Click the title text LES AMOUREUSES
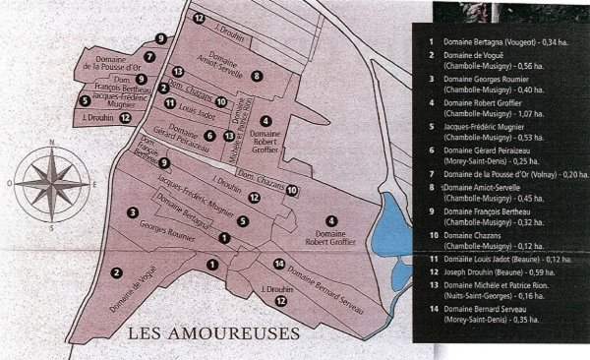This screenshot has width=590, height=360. (x=213, y=334)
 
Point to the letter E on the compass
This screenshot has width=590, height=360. (x=93, y=184)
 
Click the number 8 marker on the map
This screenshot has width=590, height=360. (x=257, y=76)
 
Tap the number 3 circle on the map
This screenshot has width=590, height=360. (x=132, y=211)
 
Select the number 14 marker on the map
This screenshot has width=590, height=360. (x=279, y=264)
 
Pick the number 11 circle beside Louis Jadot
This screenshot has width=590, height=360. (x=170, y=102)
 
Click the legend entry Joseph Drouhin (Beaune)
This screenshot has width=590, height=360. (x=483, y=270)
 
